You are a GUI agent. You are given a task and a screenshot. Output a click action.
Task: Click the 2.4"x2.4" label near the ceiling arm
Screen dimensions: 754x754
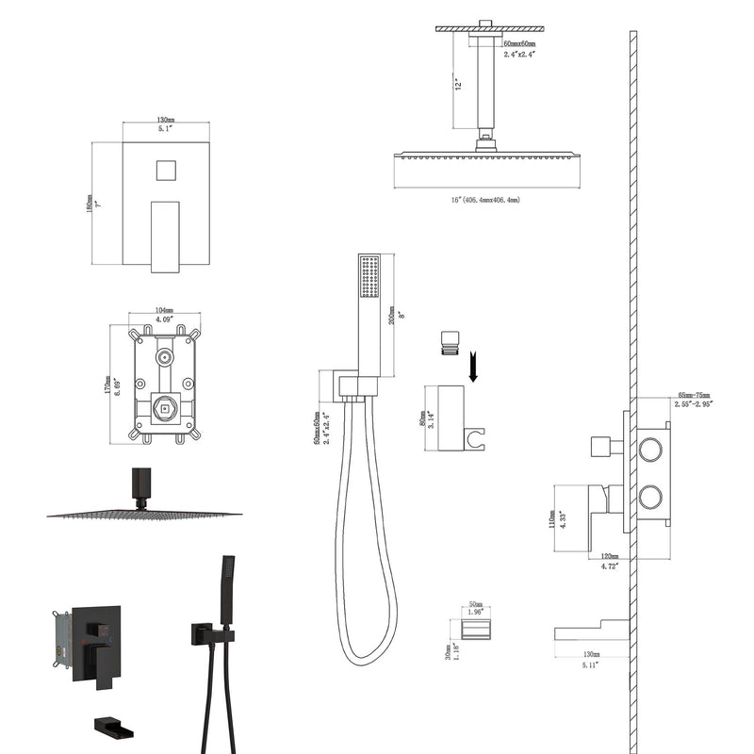tap(518, 55)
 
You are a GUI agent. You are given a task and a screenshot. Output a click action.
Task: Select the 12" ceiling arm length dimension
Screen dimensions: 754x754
tap(457, 83)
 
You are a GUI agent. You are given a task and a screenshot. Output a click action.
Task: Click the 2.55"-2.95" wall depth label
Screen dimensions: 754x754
tap(693, 403)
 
